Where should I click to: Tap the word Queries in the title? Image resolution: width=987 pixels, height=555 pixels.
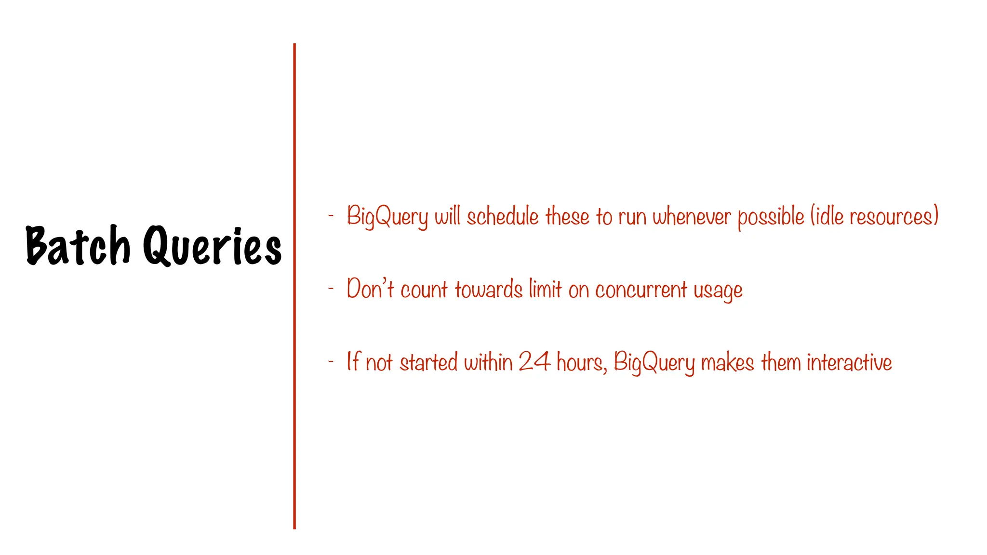pyautogui.click(x=212, y=246)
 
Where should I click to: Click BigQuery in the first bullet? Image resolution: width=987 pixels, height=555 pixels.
pyautogui.click(x=387, y=217)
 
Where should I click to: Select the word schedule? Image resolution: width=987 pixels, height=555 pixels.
pyautogui.click(x=502, y=216)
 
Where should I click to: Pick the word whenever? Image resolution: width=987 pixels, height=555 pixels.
pyautogui.click(x=692, y=216)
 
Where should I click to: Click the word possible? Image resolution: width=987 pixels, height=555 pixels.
pyautogui.click(x=771, y=217)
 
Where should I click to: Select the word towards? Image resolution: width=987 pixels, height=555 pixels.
pyautogui.click(x=488, y=290)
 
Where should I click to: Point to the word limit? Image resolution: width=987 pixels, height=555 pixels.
pyautogui.click(x=545, y=289)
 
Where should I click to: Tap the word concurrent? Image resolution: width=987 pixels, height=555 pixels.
pyautogui.click(x=641, y=290)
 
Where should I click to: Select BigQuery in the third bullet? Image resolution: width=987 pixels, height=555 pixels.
pyautogui.click(x=654, y=363)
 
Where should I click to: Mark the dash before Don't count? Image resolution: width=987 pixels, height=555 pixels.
pyautogui.click(x=331, y=289)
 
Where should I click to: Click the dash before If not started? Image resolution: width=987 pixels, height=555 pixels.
pyautogui.click(x=331, y=362)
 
